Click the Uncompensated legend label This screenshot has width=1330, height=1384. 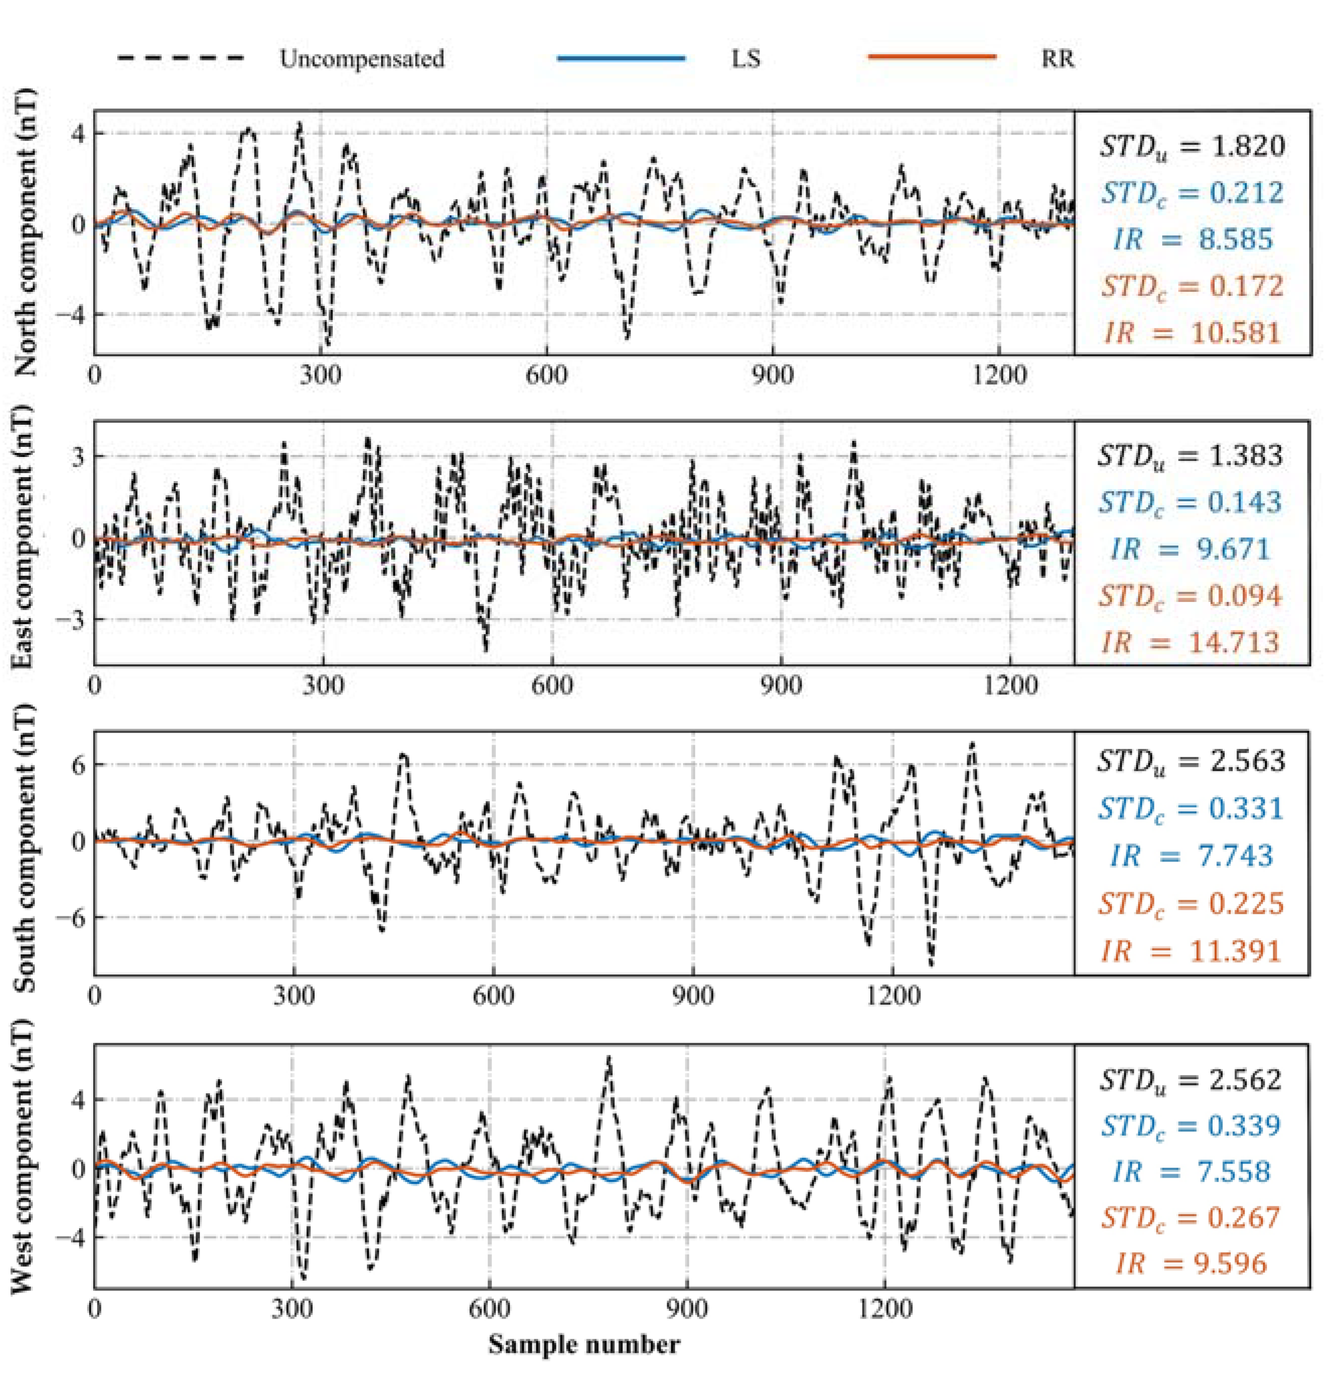point(361,58)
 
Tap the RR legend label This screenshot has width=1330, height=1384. point(1057,58)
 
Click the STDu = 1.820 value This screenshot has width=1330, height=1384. point(1191,146)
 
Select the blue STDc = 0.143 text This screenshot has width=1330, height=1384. point(1190,502)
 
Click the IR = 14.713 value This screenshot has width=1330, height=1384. point(1190,642)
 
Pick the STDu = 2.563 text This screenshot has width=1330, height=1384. point(1190,761)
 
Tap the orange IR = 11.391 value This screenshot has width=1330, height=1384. point(1190,951)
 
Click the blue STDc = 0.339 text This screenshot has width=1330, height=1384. point(1190,1125)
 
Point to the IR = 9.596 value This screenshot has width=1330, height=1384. point(1191,1263)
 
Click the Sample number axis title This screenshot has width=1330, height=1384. point(584,1343)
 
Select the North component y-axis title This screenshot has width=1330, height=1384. point(26,233)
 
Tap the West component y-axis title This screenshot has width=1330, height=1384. point(23,1156)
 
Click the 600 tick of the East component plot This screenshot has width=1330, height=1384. point(552,684)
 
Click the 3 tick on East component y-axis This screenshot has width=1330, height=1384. point(77,456)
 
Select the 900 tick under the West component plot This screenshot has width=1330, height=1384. point(686,1309)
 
